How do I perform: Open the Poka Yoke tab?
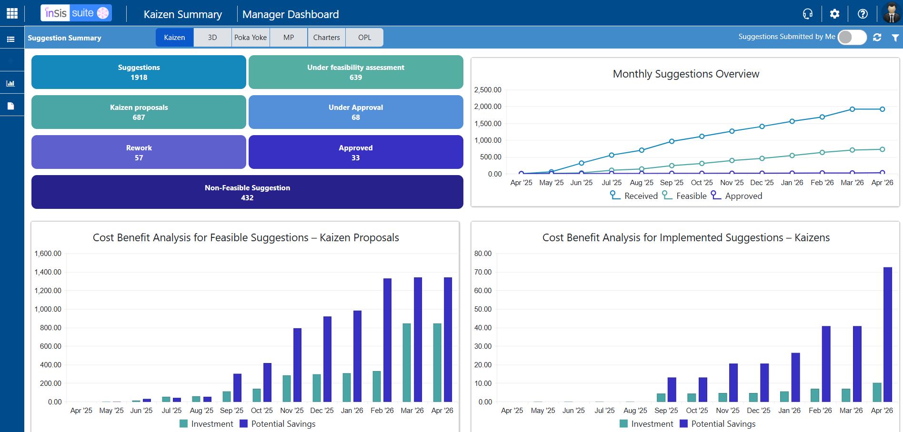point(251,38)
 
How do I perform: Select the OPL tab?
point(364,38)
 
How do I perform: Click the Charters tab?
point(326,38)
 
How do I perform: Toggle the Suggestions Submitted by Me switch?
point(852,37)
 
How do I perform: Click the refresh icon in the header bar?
point(877,37)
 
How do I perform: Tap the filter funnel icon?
point(895,38)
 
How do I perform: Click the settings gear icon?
point(834,14)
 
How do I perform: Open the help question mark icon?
point(863,14)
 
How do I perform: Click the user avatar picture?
point(891,13)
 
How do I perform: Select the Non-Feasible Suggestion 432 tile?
point(247,192)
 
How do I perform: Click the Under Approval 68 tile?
point(356,112)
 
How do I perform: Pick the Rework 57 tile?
point(139,152)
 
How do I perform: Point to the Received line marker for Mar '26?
point(852,109)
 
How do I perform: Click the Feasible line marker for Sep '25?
point(672,166)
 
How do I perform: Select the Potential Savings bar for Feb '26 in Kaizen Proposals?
point(387,340)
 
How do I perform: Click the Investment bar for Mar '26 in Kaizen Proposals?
point(407,363)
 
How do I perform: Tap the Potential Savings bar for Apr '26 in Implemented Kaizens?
point(888,334)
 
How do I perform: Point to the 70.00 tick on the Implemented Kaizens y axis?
point(483,272)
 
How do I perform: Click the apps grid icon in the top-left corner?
point(12,13)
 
